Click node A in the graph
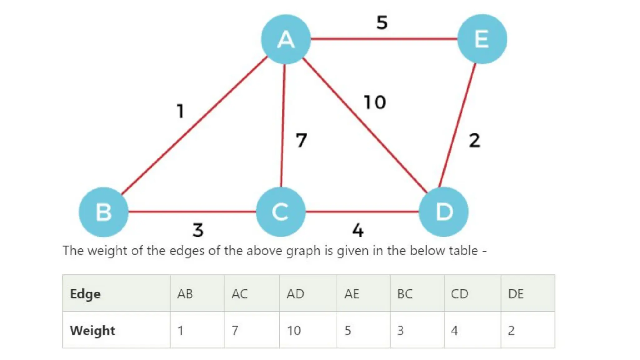pyautogui.click(x=286, y=39)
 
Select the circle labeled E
pyautogui.click(x=482, y=39)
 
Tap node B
pyautogui.click(x=103, y=212)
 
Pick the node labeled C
pyautogui.click(x=280, y=212)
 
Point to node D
pyautogui.click(x=443, y=212)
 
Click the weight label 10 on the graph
pyautogui.click(x=375, y=102)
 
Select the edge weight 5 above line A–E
pyautogui.click(x=382, y=22)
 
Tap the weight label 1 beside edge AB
pyautogui.click(x=180, y=111)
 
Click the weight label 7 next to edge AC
pyautogui.click(x=301, y=140)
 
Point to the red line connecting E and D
pyautogui.click(x=457, y=125)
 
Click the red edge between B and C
pyautogui.click(x=192, y=212)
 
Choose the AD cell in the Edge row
pyautogui.click(x=295, y=294)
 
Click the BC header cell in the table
pyautogui.click(x=405, y=294)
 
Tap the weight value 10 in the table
pyautogui.click(x=294, y=330)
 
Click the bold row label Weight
pyautogui.click(x=92, y=330)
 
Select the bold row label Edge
pyautogui.click(x=85, y=294)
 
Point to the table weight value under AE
pyautogui.click(x=347, y=330)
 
